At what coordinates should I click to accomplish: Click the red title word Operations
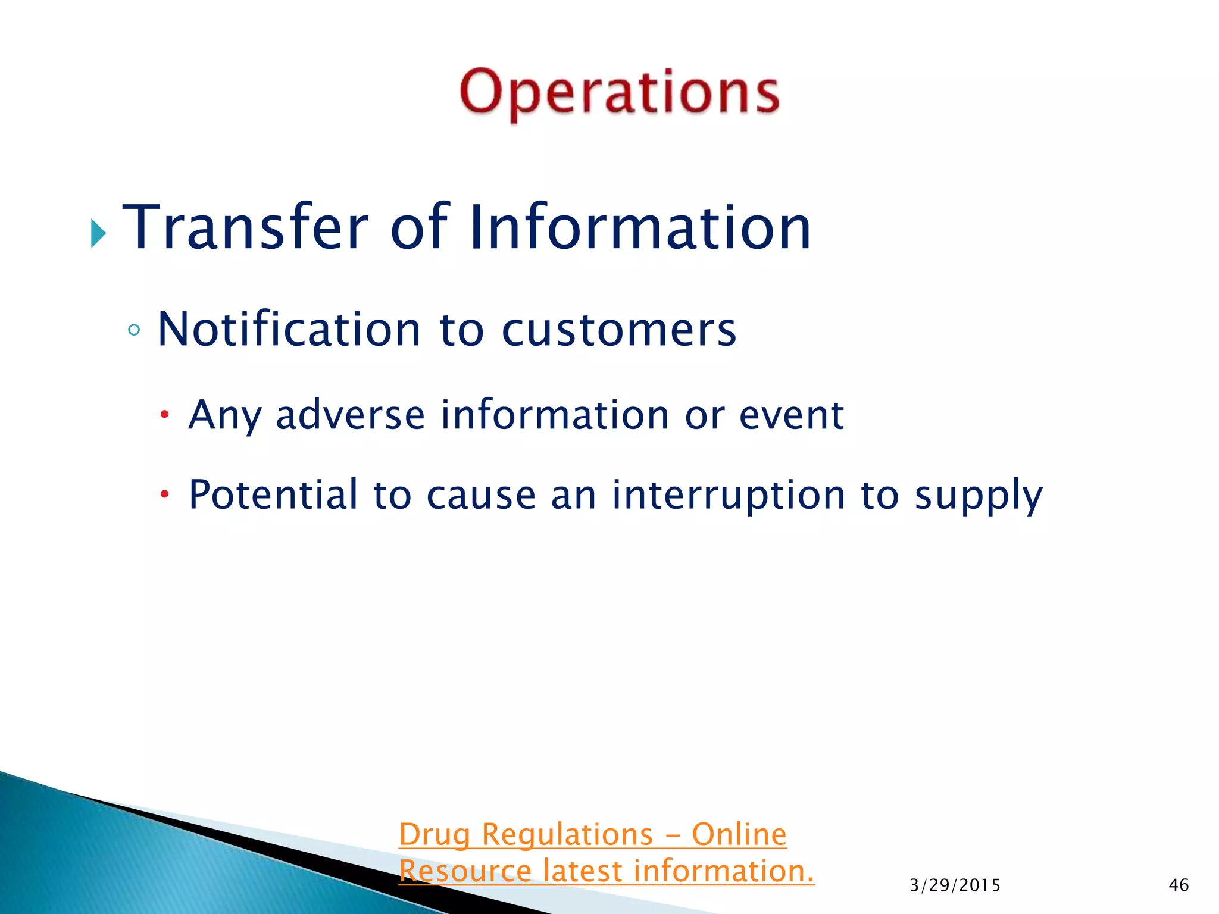(619, 93)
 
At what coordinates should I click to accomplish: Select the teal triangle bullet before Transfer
(98, 233)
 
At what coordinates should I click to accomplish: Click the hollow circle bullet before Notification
(134, 330)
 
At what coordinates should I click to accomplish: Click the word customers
(619, 330)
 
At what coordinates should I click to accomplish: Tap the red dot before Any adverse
(165, 414)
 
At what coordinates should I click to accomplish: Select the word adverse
(350, 415)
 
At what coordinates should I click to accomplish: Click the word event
(791, 415)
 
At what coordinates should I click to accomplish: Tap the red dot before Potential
(165, 494)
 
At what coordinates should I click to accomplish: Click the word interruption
(729, 496)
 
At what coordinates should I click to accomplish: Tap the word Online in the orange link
(739, 834)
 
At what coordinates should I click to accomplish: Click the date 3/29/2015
(955, 885)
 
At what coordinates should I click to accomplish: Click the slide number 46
(1179, 885)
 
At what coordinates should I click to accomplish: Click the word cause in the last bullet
(481, 496)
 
